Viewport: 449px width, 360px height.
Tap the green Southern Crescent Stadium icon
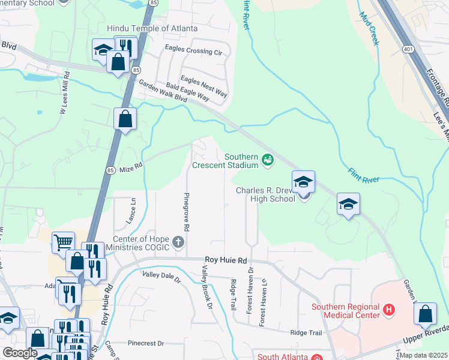tap(267, 159)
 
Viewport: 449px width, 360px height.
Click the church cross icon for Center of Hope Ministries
tap(178, 242)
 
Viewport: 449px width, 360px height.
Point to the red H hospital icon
tap(389, 310)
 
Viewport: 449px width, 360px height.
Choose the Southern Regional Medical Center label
tap(345, 311)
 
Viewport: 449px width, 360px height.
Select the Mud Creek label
tap(368, 29)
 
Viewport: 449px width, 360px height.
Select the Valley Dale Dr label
tap(161, 277)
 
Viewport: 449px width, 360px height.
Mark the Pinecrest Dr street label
tap(146, 343)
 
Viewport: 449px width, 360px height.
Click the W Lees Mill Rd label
tap(64, 94)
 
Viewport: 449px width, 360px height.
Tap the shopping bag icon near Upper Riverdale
tap(425, 314)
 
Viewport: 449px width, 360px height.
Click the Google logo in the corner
tap(20, 353)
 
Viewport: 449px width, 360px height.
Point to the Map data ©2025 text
tap(423, 355)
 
